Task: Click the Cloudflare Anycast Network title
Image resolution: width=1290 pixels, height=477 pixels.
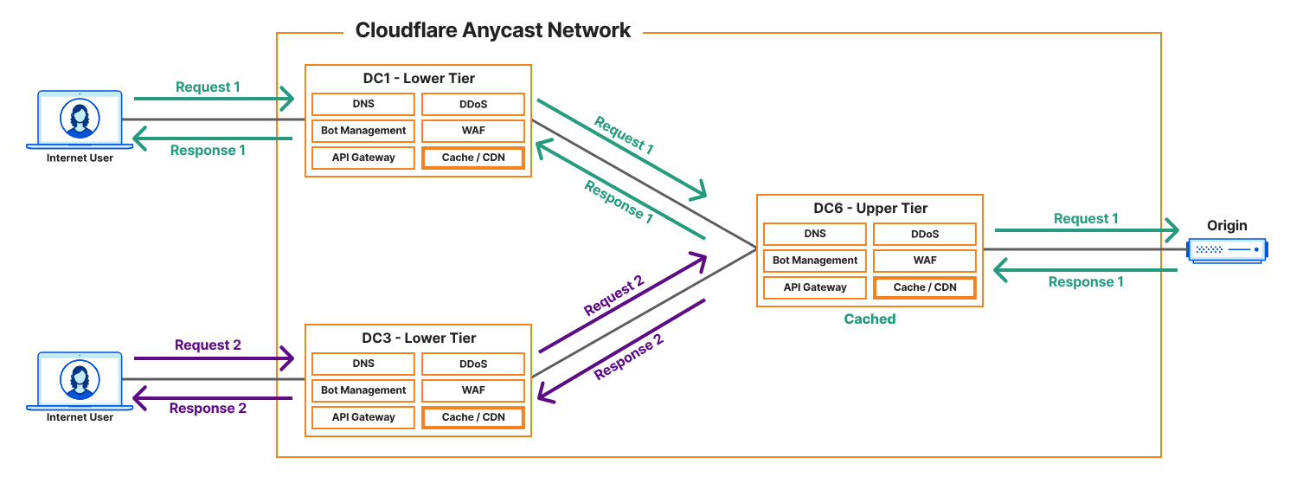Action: point(493,30)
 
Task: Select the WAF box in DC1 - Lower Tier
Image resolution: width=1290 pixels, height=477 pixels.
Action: point(473,131)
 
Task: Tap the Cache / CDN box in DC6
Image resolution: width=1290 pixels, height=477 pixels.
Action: point(924,287)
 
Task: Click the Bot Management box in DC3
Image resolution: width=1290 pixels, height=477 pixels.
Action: point(363,390)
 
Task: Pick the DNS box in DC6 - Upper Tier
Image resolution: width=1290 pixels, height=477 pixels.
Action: point(814,234)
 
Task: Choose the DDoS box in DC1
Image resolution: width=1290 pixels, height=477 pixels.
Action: point(473,104)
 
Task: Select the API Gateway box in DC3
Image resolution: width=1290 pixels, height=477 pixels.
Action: point(363,417)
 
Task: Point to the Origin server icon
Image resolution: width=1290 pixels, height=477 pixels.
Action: point(1228,249)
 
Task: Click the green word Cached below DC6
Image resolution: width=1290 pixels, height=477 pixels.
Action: point(870,319)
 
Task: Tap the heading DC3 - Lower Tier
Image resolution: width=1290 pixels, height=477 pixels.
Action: point(419,338)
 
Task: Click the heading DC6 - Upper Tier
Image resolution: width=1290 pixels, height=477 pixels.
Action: point(870,208)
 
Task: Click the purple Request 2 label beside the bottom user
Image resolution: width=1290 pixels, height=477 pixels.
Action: point(208,345)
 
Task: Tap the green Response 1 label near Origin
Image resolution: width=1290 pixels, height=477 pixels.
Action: point(1086,281)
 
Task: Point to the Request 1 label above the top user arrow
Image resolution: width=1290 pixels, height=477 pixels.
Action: point(208,87)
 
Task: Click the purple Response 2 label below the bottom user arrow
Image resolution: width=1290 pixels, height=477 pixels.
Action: point(208,409)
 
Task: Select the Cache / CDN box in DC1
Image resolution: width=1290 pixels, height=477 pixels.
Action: point(473,158)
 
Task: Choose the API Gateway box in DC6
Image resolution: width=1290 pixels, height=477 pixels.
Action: point(814,287)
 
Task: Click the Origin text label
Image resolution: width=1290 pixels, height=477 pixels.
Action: point(1227,225)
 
